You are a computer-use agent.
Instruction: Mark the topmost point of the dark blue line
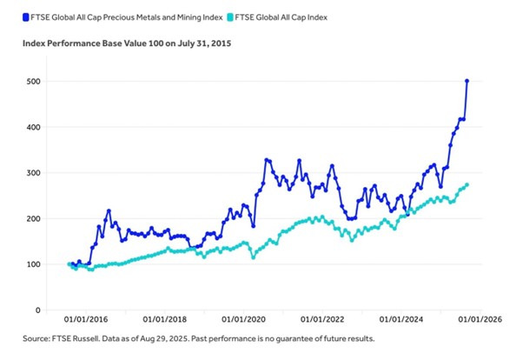[x=467, y=81]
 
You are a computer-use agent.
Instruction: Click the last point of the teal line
[x=467, y=184]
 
